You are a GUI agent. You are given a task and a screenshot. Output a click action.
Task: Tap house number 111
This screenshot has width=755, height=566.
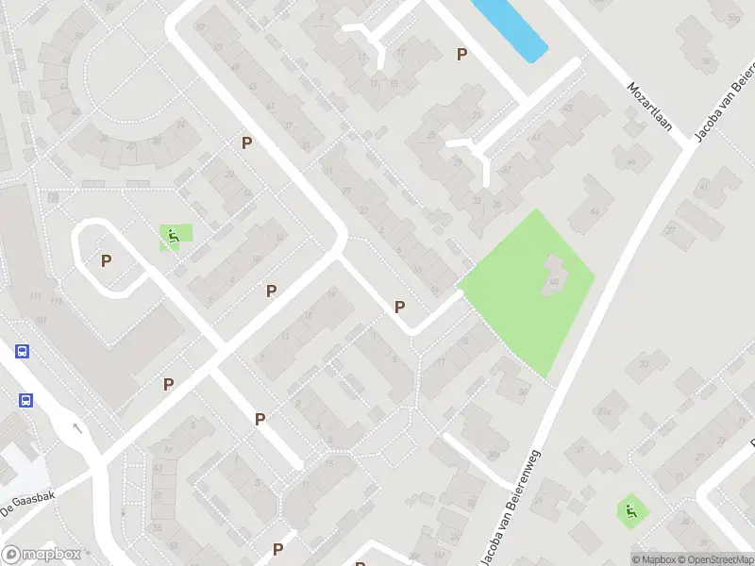(36, 296)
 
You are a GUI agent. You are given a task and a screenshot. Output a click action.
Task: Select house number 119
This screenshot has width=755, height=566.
(57, 302)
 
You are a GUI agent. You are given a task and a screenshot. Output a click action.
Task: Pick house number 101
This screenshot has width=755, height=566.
(40, 321)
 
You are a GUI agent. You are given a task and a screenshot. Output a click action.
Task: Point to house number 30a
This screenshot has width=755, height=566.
(492, 455)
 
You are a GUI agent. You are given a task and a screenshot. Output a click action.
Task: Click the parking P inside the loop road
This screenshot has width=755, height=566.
(107, 260)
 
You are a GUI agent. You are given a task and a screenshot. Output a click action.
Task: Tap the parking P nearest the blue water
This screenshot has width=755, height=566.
(461, 55)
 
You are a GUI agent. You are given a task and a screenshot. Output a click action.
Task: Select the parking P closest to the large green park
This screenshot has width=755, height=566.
(399, 307)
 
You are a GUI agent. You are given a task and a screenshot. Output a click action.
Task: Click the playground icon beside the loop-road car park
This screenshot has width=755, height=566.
(174, 236)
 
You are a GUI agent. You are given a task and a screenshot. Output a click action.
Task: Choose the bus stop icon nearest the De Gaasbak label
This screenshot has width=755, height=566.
(25, 399)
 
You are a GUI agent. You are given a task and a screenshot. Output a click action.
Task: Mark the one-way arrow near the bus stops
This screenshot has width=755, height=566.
(77, 427)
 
